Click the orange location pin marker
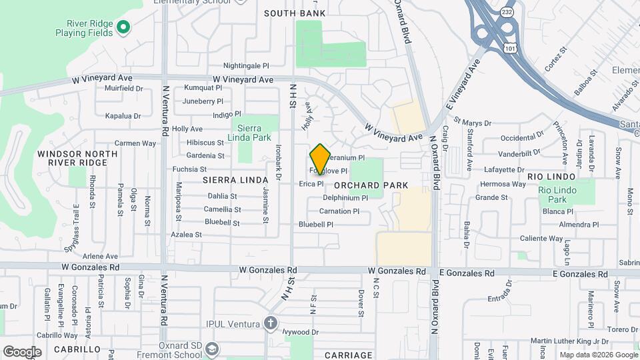point(320,159)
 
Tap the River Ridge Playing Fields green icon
point(123,27)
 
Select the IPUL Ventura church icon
point(270,324)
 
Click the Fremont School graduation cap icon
point(211,349)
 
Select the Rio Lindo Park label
point(557,195)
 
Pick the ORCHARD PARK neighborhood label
point(361,185)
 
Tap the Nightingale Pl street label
point(246,66)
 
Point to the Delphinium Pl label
point(345,198)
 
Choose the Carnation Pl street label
point(339,211)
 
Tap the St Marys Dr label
point(472,123)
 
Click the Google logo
point(22,351)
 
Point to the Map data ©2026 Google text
point(599,355)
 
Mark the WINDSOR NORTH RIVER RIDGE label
point(77,158)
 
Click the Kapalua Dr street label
point(124,115)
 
